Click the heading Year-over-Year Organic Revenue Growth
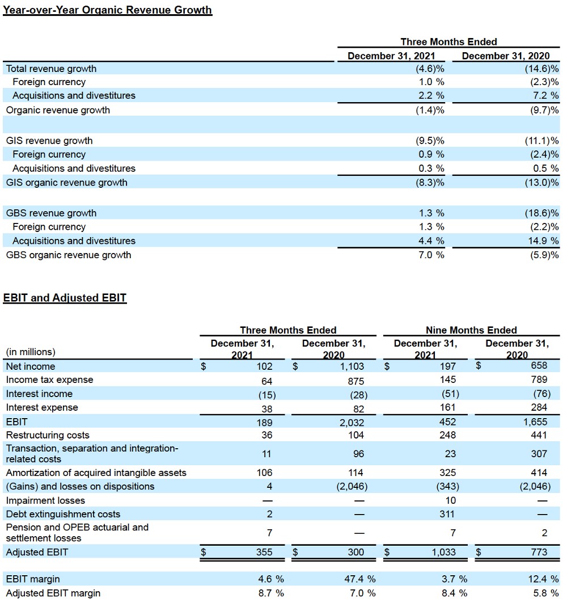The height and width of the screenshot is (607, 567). tap(107, 10)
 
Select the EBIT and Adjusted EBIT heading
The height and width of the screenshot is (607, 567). tap(65, 298)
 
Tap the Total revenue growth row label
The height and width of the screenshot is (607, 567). tap(51, 69)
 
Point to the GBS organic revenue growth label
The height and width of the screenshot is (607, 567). tap(68, 255)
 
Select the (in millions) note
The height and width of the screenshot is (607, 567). tap(31, 352)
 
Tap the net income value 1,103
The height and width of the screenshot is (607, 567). tap(352, 366)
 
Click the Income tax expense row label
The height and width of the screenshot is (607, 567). tap(49, 380)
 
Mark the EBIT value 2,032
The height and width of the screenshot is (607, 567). tap(352, 423)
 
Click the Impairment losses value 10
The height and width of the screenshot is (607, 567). tap(450, 500)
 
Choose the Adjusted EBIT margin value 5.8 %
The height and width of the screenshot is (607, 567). tap(545, 593)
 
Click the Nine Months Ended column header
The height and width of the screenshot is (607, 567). tap(471, 330)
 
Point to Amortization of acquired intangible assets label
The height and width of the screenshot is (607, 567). tap(96, 473)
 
